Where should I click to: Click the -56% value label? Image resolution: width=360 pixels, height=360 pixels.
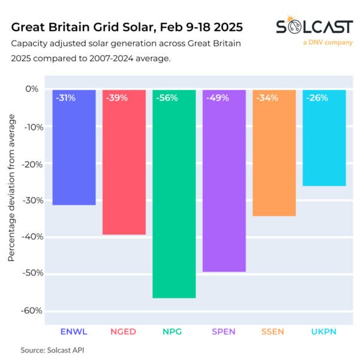pyautogui.click(x=166, y=98)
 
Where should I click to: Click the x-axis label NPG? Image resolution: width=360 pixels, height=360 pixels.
pyautogui.click(x=174, y=331)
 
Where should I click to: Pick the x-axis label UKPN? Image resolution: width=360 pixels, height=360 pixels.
pyautogui.click(x=324, y=331)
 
